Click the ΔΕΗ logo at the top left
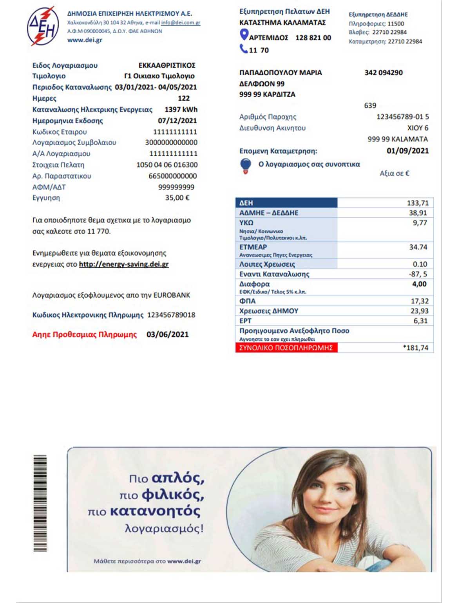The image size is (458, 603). pos(43,26)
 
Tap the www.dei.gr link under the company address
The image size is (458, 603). pos(85,40)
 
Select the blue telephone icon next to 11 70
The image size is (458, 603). pos(243,49)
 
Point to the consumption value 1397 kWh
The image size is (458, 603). pos(181,110)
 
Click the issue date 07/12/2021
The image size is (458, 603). pos(177,121)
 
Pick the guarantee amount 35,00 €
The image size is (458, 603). pos(177,198)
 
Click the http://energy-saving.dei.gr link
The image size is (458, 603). pos(124,264)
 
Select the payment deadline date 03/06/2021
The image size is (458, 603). pos(167,334)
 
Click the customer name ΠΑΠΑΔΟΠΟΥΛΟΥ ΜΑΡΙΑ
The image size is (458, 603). pos(281,72)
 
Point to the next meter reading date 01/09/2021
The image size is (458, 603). pos(407,151)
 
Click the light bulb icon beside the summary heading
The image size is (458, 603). pos(246,166)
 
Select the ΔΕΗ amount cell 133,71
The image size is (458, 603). pos(418,203)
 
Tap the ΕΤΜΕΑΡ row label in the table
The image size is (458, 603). pos(253,247)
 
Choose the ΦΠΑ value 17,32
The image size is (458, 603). pos(420,301)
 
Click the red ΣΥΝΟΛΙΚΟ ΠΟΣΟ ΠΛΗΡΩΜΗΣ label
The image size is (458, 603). pos(286,348)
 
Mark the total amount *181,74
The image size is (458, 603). pos(416,348)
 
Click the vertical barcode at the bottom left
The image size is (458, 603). pos(40,503)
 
